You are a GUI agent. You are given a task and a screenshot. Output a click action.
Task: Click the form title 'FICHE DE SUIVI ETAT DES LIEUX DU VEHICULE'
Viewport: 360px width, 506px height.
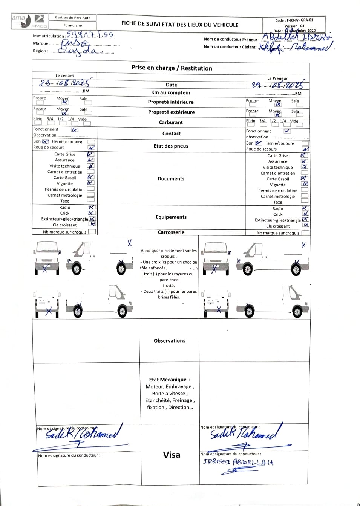[180, 25]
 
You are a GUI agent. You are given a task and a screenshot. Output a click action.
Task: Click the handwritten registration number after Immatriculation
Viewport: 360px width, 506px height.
[90, 35]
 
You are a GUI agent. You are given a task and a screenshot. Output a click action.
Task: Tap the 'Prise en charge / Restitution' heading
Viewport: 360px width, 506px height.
[172, 68]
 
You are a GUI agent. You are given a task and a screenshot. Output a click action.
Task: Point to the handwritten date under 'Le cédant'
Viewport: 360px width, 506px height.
[64, 83]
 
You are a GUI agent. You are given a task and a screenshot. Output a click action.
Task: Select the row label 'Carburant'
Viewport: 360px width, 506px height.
[171, 122]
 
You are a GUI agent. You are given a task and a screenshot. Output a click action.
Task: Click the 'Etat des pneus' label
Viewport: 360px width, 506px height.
[171, 146]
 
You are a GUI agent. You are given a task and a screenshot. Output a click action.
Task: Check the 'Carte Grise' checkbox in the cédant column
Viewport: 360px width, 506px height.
[90, 154]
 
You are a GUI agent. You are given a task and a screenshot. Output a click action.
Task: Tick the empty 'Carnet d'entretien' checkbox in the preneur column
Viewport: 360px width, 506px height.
[305, 173]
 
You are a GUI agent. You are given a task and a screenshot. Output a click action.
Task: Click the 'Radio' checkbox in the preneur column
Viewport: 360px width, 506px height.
[305, 208]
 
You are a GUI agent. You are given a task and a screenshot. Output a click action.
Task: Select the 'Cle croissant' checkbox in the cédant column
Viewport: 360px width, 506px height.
[92, 224]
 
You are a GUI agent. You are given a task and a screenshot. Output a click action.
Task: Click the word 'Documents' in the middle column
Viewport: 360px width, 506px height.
[171, 179]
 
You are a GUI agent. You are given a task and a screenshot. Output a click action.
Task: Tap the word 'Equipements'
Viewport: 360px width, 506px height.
[171, 217]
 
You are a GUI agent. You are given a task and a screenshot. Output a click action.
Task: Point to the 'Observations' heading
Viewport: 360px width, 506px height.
[169, 341]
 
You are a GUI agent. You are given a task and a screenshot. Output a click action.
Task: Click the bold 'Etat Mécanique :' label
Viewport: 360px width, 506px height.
[170, 380]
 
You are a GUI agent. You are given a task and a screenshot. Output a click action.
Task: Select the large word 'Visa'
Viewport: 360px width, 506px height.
[172, 455]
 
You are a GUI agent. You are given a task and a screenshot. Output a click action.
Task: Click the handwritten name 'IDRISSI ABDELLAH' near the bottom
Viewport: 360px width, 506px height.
[238, 462]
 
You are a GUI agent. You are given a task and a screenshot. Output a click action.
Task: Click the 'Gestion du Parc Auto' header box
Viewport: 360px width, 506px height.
[72, 17]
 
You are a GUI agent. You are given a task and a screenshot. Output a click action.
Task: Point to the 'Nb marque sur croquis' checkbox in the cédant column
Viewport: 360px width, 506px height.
[92, 232]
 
